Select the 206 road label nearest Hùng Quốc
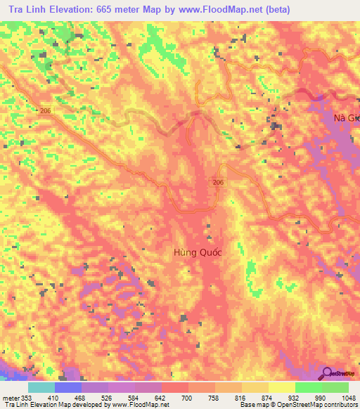[219, 182]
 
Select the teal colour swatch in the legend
[41, 387]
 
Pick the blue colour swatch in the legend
[68, 387]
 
